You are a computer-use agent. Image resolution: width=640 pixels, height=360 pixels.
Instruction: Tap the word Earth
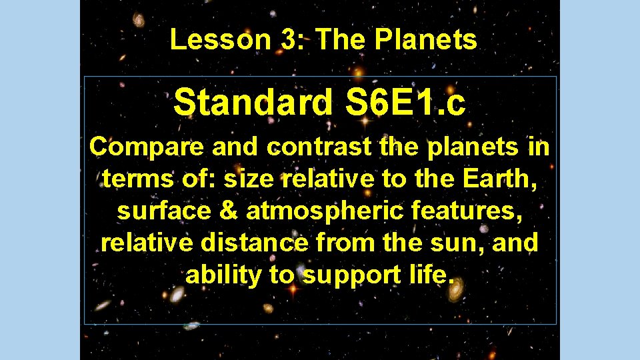point(504,179)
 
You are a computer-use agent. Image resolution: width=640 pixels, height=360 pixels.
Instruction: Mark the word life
point(425,275)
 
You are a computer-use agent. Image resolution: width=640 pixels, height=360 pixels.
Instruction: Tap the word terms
point(137,179)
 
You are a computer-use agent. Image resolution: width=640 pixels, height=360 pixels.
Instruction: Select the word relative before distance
point(148,243)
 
